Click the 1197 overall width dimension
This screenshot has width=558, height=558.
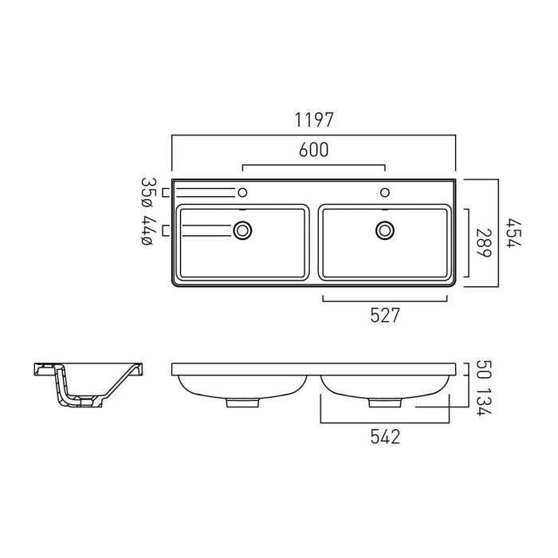pos(314,120)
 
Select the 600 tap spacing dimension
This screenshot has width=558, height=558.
pos(314,150)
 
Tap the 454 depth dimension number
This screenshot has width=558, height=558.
pos(514,234)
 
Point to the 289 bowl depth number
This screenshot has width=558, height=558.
pos(484,242)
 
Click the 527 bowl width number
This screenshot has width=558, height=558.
pos(385,315)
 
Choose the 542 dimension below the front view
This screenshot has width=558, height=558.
pos(385,436)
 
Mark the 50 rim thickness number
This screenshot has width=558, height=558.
pos(484,370)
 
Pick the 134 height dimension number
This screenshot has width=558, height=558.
pos(484,402)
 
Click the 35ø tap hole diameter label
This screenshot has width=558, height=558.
pos(147,193)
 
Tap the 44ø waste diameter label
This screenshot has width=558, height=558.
pos(147,230)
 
